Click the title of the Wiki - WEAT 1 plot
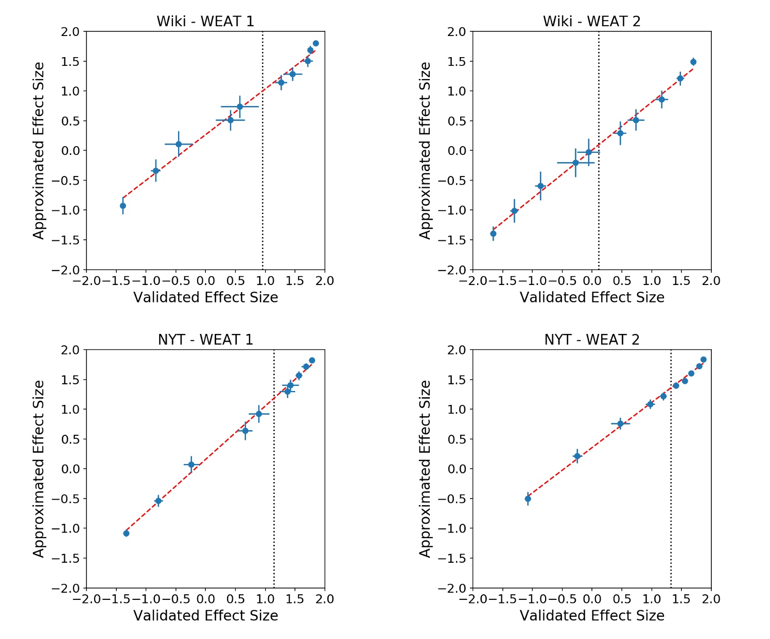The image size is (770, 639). coord(205,22)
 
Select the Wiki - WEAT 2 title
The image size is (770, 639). coord(591,22)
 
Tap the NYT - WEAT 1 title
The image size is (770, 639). coord(205,340)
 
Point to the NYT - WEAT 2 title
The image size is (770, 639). coord(591,340)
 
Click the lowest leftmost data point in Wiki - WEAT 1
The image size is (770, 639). coord(123,206)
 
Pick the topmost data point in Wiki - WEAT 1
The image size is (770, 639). coord(316,44)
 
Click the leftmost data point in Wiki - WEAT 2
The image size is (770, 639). coord(493,234)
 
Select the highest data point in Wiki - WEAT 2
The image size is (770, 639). coord(693,62)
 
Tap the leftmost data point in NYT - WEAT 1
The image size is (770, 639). coord(126,534)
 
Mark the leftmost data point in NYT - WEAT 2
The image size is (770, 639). coord(528,499)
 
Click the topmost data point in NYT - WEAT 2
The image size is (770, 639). coord(704,360)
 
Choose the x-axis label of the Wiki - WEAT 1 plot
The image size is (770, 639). coord(205,297)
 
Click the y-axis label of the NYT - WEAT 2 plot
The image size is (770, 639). coord(425,469)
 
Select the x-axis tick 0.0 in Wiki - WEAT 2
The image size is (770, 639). coord(592,281)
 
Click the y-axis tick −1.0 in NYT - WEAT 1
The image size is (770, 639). coord(67,528)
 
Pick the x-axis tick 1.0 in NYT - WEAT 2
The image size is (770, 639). coord(652,599)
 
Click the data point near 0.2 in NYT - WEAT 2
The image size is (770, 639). coord(577,456)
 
